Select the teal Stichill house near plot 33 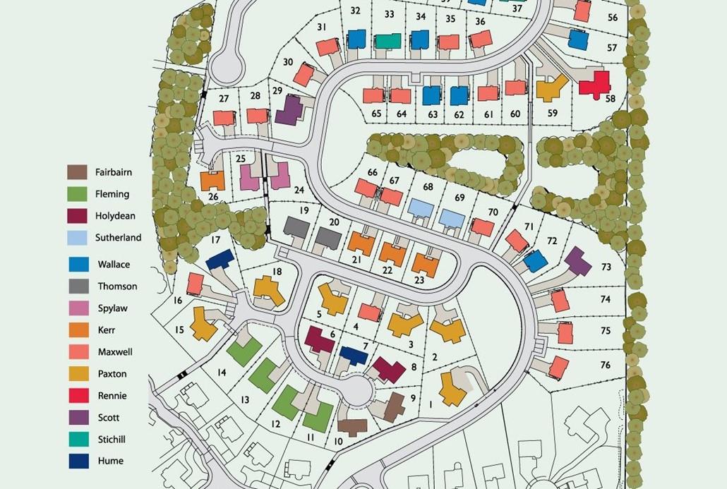coord(387,41)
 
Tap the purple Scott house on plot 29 coord(289,110)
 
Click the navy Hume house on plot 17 coord(220,259)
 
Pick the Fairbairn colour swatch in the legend coord(78,172)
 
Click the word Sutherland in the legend coord(118,238)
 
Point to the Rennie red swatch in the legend coord(78,396)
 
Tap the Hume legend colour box coord(78,461)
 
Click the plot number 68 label coord(428,187)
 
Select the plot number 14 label coord(222,373)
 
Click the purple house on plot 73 coord(577,261)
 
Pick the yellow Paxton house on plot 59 coord(551,88)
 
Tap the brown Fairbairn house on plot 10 coord(352,426)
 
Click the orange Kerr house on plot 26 coord(212,181)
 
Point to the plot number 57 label coord(611,48)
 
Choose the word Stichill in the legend coord(112,440)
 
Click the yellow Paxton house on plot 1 coord(452,388)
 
